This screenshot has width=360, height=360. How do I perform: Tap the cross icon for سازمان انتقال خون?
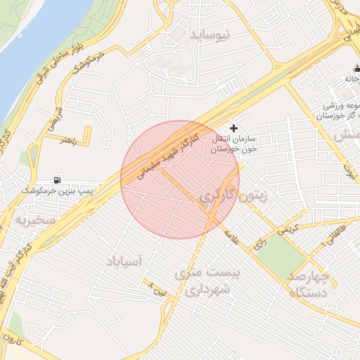pyautogui.click(x=233, y=127)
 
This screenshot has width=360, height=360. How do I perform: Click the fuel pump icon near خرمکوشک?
pyautogui.click(x=57, y=180)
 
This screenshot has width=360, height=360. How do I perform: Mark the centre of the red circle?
pyautogui.click(x=180, y=179)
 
